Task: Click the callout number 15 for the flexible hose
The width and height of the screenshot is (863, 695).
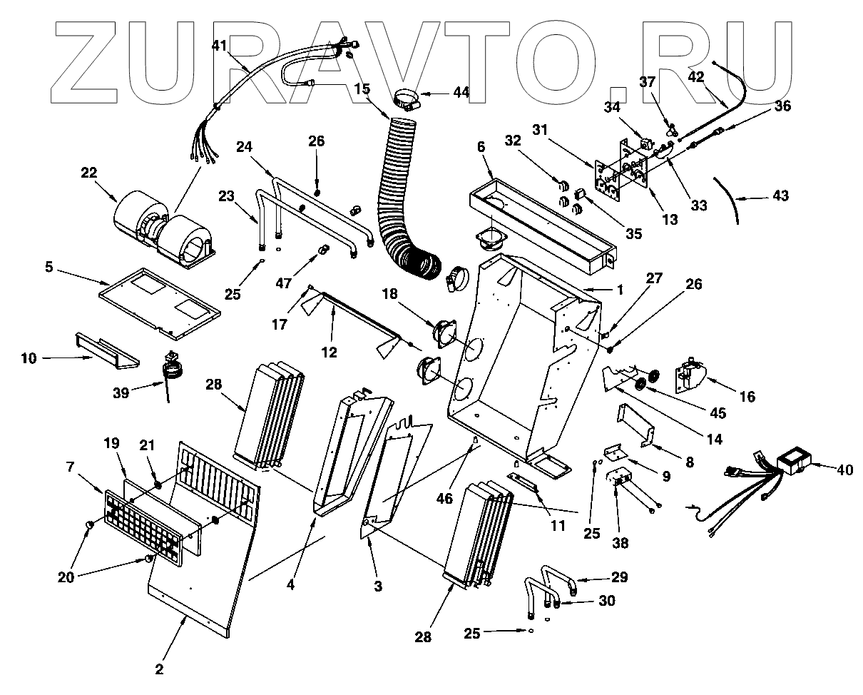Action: click(x=362, y=89)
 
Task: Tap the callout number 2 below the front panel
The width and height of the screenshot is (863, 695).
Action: click(x=159, y=669)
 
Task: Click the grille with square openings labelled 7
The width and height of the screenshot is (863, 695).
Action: click(x=143, y=522)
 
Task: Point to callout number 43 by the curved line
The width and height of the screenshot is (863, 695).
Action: click(x=781, y=195)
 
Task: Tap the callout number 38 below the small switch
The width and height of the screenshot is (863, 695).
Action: click(x=621, y=543)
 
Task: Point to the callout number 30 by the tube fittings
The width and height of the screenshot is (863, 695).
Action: click(x=606, y=601)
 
